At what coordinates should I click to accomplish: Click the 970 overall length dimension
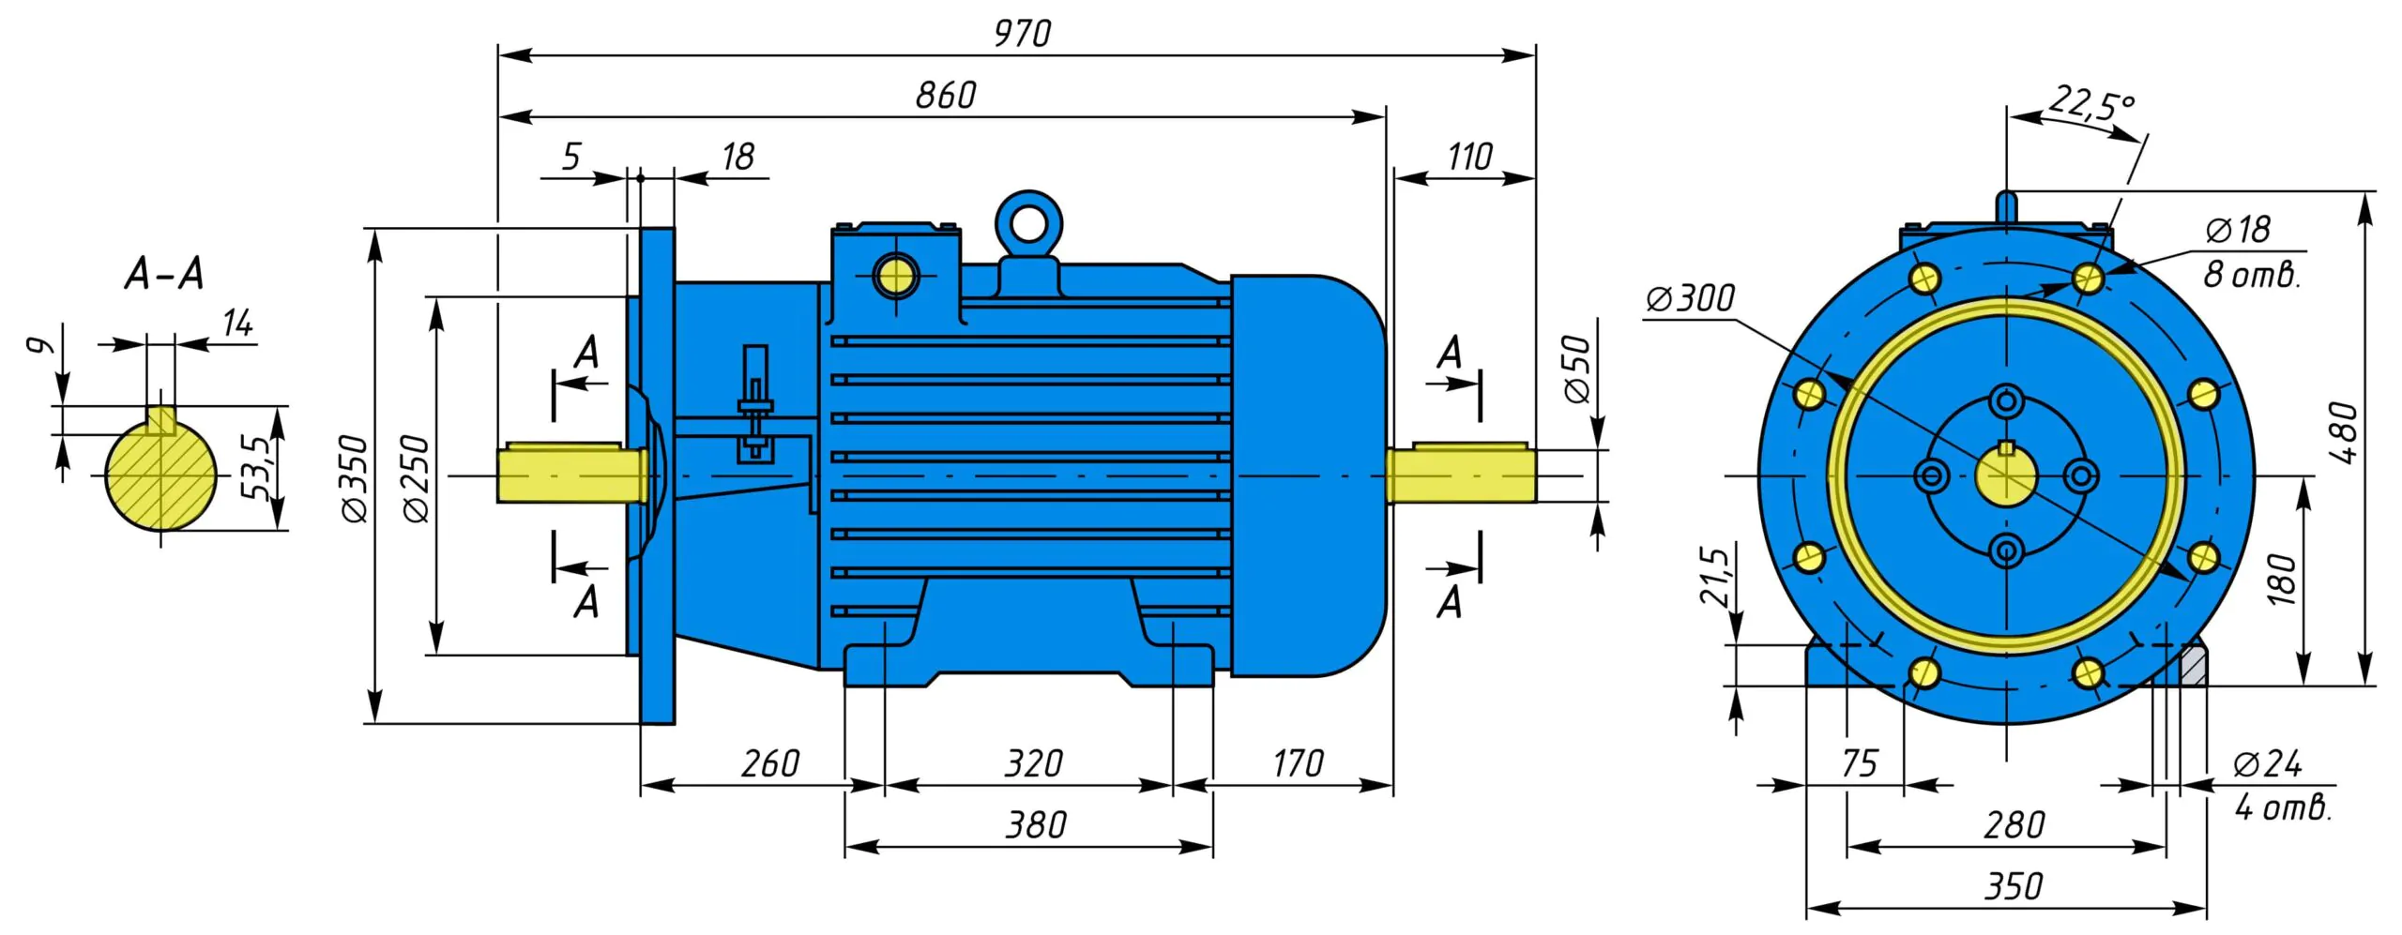tap(1022, 34)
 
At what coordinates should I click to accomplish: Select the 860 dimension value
tap(945, 96)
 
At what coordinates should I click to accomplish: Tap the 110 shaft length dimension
tap(1469, 157)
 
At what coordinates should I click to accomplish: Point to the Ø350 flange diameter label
tap(355, 477)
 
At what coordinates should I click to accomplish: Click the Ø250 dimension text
tap(415, 477)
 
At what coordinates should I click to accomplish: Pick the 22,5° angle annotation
tap(2090, 104)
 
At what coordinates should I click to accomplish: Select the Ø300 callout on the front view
tap(1691, 299)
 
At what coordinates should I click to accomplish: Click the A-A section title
tap(164, 274)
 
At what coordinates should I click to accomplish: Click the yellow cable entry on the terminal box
tap(895, 277)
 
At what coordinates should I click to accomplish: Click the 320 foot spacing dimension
tap(1033, 763)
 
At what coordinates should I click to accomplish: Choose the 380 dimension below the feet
tap(1036, 825)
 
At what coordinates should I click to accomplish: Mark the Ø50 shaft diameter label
tap(1578, 369)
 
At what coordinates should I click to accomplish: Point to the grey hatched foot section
tap(2193, 666)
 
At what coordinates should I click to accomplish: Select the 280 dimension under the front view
tap(2014, 825)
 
